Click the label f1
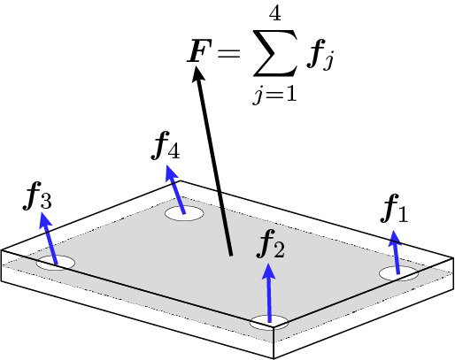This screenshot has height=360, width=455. [395, 209]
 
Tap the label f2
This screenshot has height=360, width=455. [271, 244]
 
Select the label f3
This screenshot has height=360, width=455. [37, 195]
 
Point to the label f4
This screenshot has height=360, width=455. [166, 145]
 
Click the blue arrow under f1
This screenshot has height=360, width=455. [396, 252]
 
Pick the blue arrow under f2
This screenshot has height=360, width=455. [269, 293]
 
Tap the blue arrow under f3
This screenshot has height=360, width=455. [48, 238]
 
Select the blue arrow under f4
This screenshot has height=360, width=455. [175, 189]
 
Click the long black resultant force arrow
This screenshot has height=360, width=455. [212, 161]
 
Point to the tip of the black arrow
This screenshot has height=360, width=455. [197, 65]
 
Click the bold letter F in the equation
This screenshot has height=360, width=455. [197, 50]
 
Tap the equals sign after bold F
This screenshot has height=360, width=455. [228, 52]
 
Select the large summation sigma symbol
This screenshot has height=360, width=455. [274, 53]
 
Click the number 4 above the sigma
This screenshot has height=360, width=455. [274, 12]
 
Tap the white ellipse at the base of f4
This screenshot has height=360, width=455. [184, 213]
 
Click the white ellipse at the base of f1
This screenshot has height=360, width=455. [398, 273]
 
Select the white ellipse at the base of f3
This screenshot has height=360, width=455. [56, 263]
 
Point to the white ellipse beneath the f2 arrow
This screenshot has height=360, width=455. [269, 322]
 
